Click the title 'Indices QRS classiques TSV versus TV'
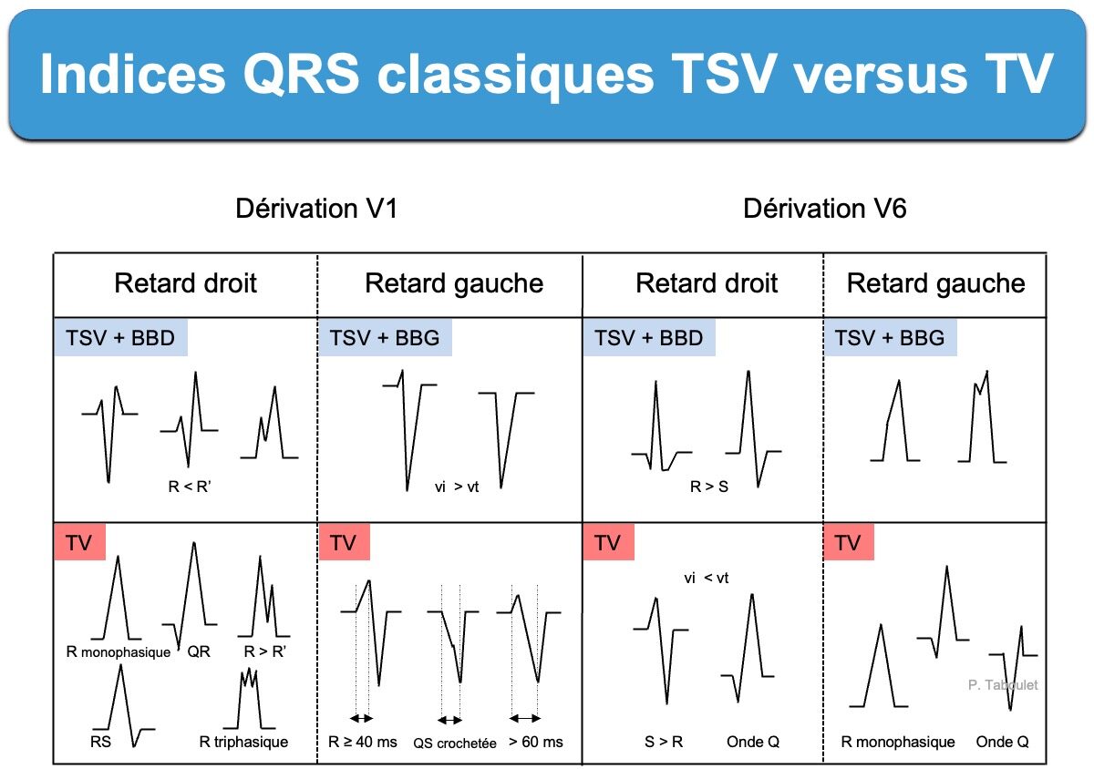546,74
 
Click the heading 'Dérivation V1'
316,209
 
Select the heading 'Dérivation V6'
825,209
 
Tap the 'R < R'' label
190,487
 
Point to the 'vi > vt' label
457,487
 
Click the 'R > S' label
709,487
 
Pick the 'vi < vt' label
707,578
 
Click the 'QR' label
199,651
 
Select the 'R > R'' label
264,651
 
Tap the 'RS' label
100,742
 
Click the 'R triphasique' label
243,743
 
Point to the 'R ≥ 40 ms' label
363,743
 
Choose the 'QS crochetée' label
455,743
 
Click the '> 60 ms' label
536,743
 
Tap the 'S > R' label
664,743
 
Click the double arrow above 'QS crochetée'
449,720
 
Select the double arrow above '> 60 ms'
525,718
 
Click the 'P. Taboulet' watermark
1003,685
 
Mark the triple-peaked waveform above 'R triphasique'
249,699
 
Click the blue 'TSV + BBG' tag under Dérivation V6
890,338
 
